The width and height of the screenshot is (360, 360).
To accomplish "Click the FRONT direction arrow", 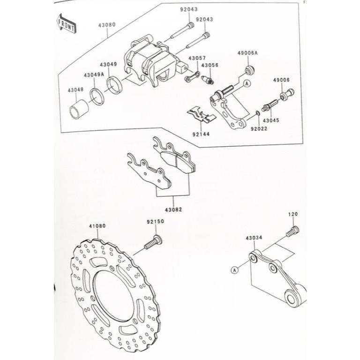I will tap(66, 24).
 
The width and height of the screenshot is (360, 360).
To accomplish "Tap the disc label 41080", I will tap(97, 226).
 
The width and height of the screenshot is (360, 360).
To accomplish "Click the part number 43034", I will tap(254, 238).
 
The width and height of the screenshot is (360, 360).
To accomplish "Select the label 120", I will tap(292, 214).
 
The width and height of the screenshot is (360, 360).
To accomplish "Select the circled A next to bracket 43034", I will tap(233, 270).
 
